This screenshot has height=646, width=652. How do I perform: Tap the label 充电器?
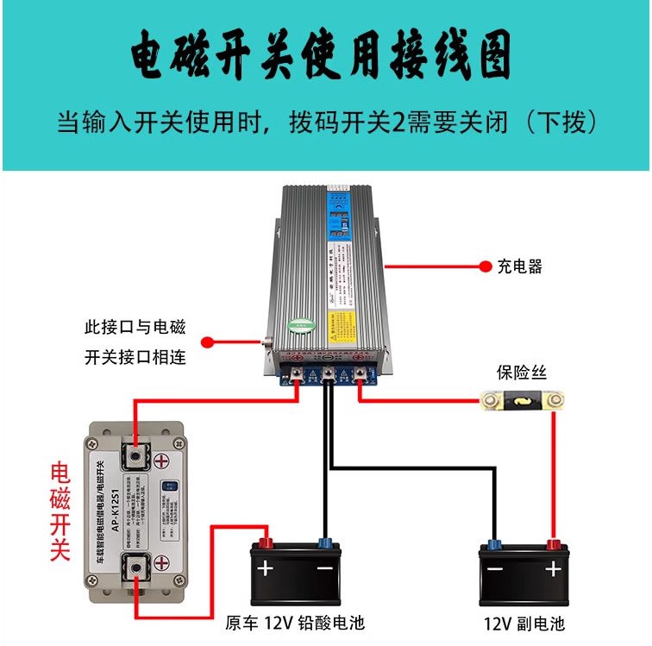click(x=520, y=267)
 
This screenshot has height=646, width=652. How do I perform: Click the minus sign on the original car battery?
click(x=324, y=569)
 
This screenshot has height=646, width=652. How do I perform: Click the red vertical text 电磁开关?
click(x=60, y=511)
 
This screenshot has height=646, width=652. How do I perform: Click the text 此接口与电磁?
click(x=135, y=328)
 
